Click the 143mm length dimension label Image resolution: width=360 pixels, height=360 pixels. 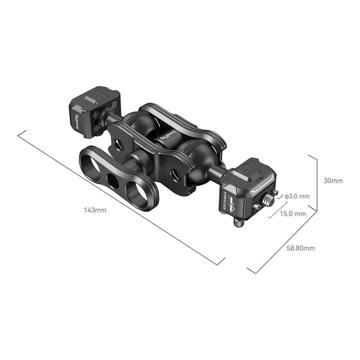(x=95, y=210)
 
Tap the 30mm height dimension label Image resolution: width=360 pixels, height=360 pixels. (x=333, y=181)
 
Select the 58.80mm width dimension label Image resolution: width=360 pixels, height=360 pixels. (x=301, y=248)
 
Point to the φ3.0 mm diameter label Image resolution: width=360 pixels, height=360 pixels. (x=297, y=196)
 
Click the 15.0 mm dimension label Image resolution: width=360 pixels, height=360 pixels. (x=293, y=214)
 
